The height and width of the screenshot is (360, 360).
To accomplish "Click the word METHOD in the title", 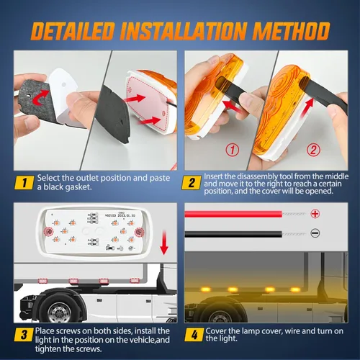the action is [291, 31].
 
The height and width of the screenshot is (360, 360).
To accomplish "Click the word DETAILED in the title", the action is [72, 31].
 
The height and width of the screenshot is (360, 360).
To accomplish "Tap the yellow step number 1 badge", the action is [24, 183].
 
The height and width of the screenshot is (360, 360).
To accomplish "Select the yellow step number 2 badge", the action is [192, 183].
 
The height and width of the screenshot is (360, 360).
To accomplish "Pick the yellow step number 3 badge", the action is [24, 334].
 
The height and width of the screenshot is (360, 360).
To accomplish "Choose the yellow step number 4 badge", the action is [194, 334].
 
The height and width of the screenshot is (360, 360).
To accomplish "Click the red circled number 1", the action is [233, 150].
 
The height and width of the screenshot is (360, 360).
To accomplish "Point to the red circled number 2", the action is [313, 150].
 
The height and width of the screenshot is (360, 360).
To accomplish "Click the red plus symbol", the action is [315, 213].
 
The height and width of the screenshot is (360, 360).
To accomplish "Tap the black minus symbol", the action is [315, 233].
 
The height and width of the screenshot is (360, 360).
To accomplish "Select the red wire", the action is [233, 214].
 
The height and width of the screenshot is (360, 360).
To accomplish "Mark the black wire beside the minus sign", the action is [233, 234].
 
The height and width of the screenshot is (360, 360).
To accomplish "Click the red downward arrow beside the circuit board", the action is [164, 243].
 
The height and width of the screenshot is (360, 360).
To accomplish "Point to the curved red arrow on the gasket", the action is [41, 98].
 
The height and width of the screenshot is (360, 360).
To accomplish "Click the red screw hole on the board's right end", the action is [139, 232].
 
